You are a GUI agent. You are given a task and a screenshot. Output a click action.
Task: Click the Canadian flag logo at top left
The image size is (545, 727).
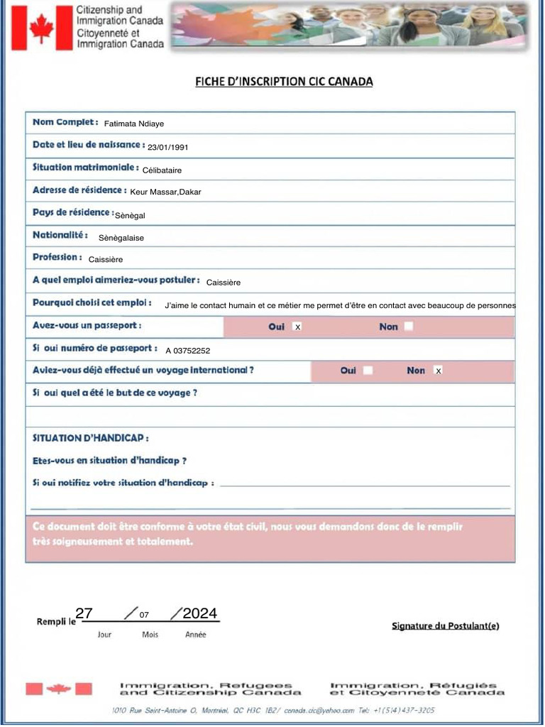click(42, 28)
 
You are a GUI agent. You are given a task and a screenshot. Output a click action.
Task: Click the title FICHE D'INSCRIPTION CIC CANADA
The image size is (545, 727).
click(284, 82)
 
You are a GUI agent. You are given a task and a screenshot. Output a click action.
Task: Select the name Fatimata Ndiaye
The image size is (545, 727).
click(134, 124)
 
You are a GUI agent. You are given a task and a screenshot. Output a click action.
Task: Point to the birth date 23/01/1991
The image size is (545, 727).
click(167, 148)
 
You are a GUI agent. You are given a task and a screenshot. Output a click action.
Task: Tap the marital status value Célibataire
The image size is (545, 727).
click(162, 170)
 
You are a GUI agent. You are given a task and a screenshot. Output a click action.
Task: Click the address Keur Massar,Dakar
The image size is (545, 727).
click(165, 192)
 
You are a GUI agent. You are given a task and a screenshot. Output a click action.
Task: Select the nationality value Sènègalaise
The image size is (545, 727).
click(121, 239)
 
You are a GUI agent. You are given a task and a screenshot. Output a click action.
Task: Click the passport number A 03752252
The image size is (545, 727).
click(188, 351)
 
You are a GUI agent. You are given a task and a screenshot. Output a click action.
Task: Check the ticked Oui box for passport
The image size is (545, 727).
click(297, 327)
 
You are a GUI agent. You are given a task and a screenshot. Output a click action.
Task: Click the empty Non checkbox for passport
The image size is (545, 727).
click(408, 327)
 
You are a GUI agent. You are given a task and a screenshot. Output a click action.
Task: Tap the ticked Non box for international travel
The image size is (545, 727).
click(438, 371)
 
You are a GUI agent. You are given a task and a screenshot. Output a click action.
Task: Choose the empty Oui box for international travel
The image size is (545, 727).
click(368, 371)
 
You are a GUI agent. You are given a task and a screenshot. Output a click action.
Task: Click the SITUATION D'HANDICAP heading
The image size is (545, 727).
click(91, 438)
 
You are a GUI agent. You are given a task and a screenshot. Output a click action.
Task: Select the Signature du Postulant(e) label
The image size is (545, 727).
click(445, 625)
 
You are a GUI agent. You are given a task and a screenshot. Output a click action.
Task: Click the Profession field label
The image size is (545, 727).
click(57, 258)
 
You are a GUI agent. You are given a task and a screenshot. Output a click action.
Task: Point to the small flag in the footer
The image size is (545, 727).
click(59, 689)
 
